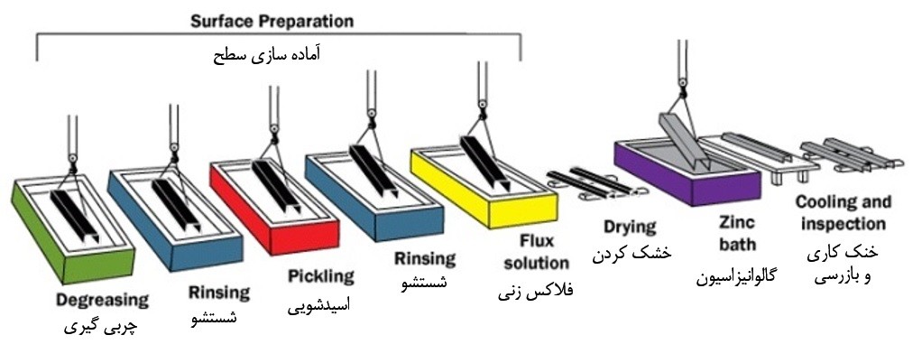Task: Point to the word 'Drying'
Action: tap(630, 228)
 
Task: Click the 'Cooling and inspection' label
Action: tap(843, 213)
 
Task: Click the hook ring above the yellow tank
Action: tap(483, 106)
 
